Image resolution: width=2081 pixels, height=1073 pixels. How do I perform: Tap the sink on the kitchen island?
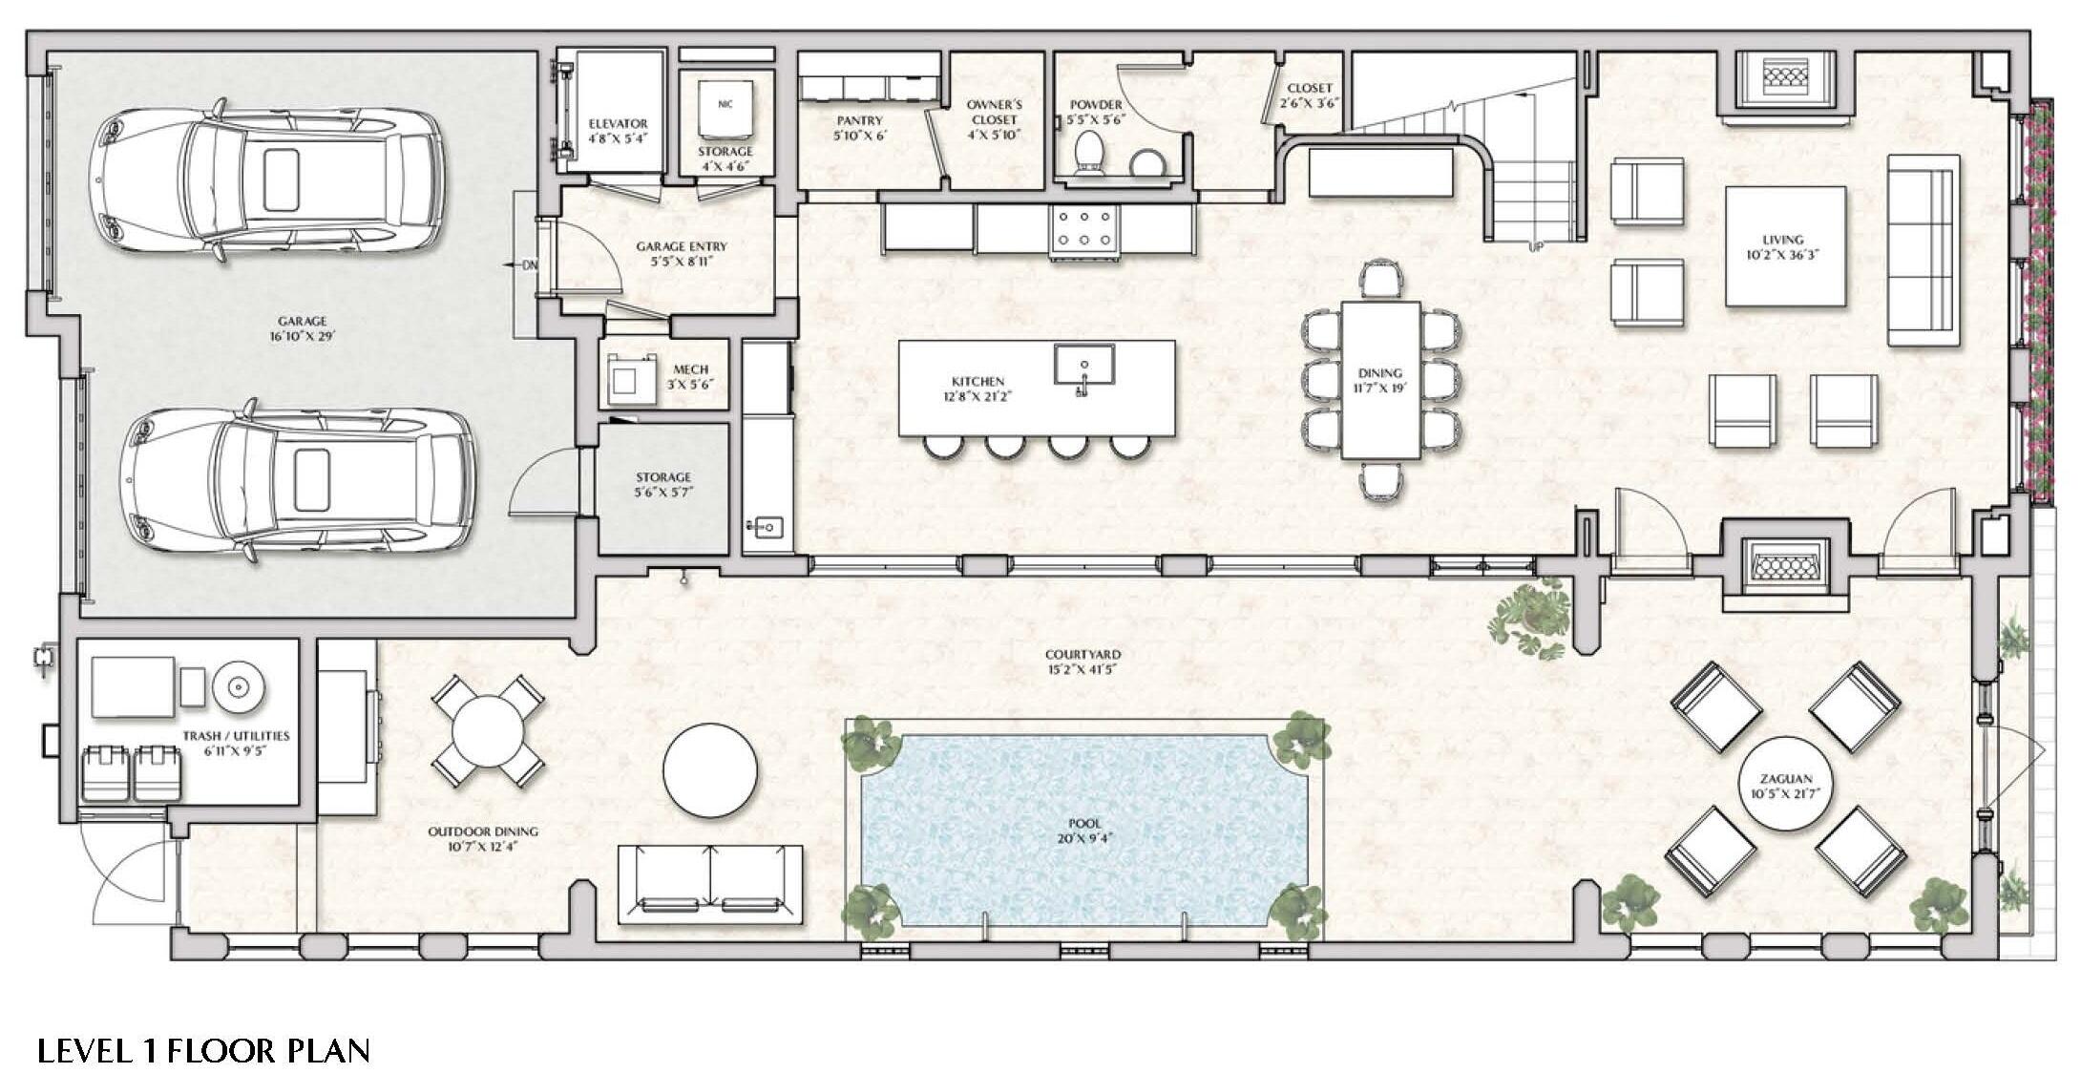pyautogui.click(x=1084, y=365)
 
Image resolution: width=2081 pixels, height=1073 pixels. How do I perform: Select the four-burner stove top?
pyautogui.click(x=1085, y=229)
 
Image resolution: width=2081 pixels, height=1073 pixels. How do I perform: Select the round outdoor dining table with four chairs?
pyautogui.click(x=488, y=731)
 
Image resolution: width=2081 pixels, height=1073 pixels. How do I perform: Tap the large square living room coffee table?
pyautogui.click(x=1784, y=246)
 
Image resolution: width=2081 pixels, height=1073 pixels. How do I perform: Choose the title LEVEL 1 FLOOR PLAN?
pyautogui.click(x=203, y=1050)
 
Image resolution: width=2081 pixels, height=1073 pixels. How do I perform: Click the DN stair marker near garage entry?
pyautogui.click(x=530, y=264)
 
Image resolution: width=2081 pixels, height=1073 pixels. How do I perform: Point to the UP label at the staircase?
pyautogui.click(x=1536, y=246)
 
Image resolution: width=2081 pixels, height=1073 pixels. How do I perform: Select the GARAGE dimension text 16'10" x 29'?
pyautogui.click(x=302, y=337)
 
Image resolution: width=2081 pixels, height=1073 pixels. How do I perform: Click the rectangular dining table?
pyautogui.click(x=1379, y=379)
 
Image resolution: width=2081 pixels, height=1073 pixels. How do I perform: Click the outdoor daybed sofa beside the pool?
pyautogui.click(x=710, y=884)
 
